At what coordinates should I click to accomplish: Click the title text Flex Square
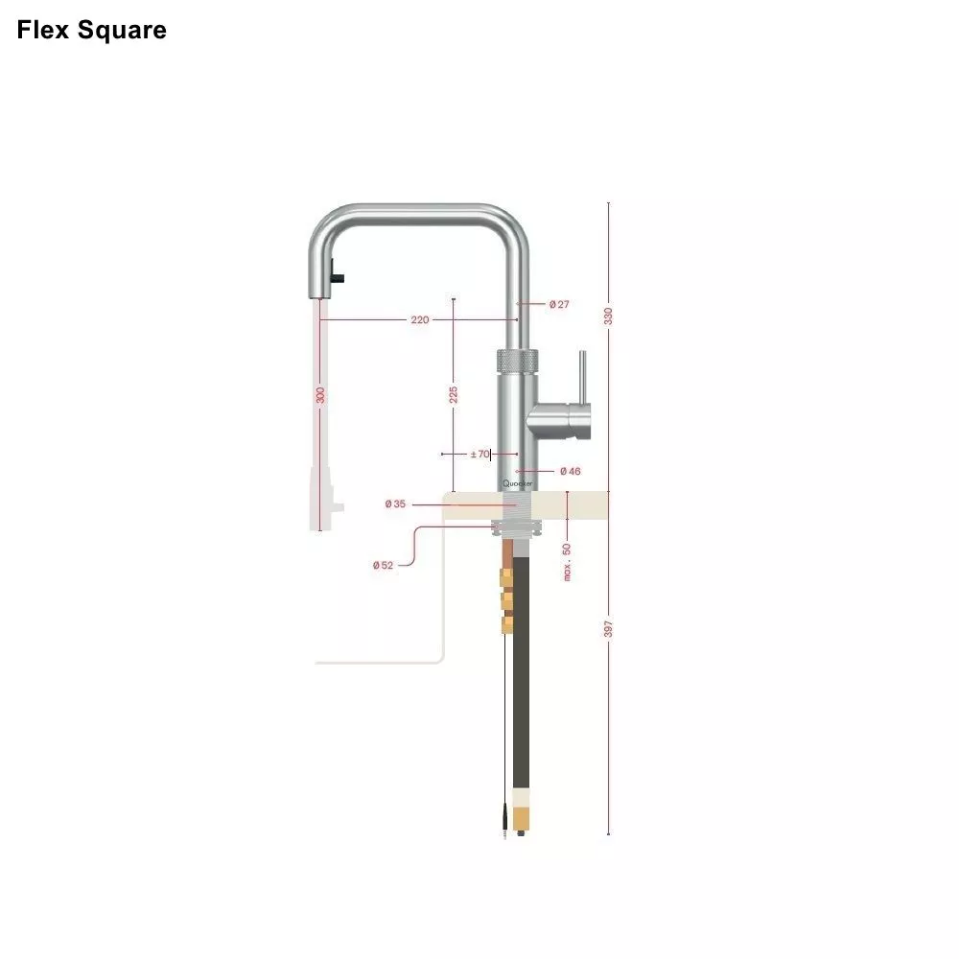[91, 30]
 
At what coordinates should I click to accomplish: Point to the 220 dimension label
[420, 319]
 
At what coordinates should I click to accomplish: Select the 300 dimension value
[320, 394]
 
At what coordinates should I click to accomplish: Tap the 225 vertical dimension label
[454, 394]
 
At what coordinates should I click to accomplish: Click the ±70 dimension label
[479, 454]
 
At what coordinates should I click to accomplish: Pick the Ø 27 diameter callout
[559, 304]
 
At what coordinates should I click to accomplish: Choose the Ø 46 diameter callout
[570, 471]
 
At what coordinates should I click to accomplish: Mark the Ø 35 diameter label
[394, 503]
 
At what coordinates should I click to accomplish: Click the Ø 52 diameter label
[383, 565]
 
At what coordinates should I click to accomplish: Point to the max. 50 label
[567, 561]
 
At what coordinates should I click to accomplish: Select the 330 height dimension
[608, 315]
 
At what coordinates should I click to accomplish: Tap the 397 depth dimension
[608, 628]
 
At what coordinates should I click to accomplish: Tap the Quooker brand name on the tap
[517, 484]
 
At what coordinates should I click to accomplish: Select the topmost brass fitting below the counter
[506, 578]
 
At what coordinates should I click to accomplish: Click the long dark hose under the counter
[522, 671]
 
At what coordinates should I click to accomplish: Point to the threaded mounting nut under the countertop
[517, 525]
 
